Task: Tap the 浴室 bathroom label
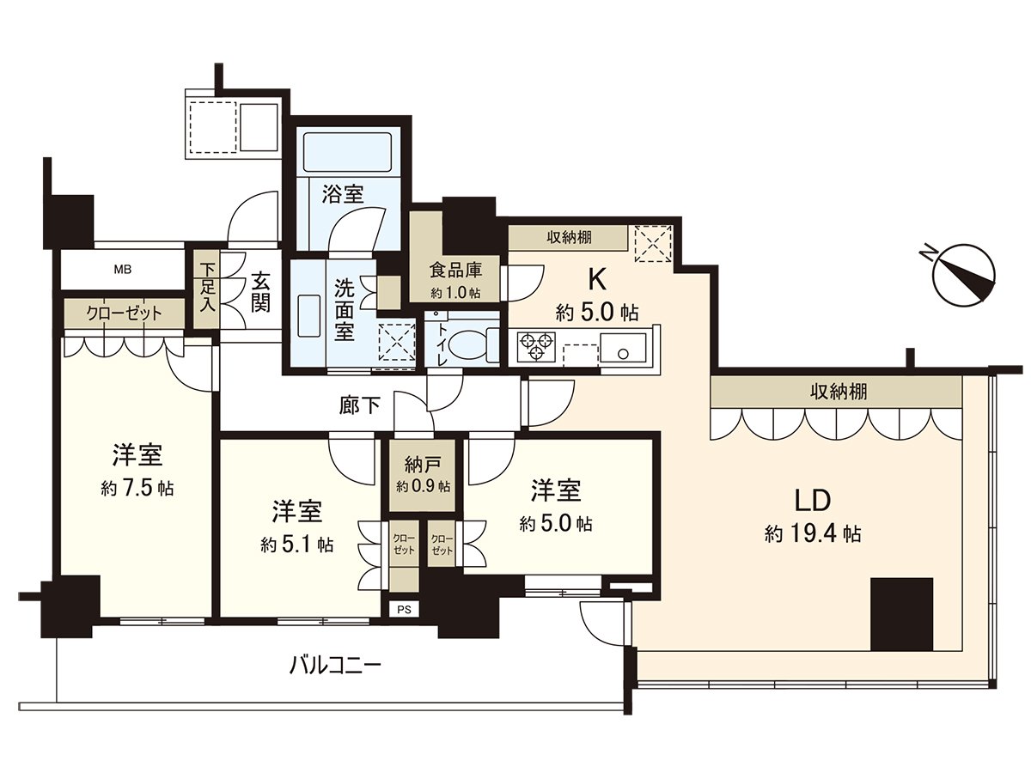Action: point(343,194)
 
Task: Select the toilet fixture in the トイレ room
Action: point(467,344)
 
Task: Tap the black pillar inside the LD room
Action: point(901,614)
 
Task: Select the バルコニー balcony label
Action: point(335,664)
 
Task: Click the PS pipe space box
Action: point(404,609)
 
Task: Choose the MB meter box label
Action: point(123,270)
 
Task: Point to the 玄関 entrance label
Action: point(260,292)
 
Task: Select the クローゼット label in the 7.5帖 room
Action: point(123,313)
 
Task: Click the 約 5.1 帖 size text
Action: point(297,545)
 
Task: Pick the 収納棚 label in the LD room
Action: point(838,393)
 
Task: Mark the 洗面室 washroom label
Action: point(344,309)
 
